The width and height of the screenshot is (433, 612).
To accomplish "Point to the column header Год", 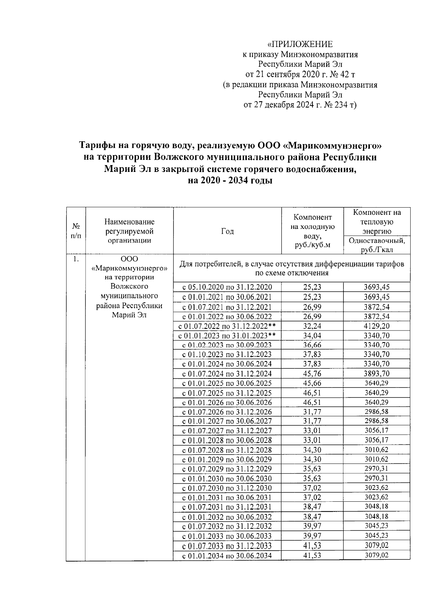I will (x=227, y=231).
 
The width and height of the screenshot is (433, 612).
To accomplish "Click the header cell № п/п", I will (x=76, y=231).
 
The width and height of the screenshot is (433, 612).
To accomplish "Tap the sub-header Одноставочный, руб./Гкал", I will (x=377, y=245).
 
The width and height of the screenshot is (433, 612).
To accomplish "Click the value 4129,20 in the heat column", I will (x=377, y=326).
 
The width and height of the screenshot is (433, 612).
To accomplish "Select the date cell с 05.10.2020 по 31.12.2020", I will (x=227, y=287).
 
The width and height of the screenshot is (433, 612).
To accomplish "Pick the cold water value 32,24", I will (x=312, y=326).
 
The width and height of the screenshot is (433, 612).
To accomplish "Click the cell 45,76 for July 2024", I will (x=312, y=374).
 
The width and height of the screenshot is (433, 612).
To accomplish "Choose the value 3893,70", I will (x=377, y=374).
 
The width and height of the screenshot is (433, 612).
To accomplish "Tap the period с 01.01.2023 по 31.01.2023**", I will (x=227, y=336).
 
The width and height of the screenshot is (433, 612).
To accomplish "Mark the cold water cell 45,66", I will (x=312, y=383).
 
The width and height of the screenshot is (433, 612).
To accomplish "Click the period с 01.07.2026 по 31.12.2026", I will (x=227, y=412).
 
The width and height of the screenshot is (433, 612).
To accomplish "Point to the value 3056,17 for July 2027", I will (x=377, y=431).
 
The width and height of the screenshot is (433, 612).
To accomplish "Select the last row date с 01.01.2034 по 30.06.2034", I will (x=227, y=556).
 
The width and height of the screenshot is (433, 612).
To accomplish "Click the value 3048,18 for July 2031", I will (x=377, y=507).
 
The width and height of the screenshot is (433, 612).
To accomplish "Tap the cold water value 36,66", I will (x=312, y=345).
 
